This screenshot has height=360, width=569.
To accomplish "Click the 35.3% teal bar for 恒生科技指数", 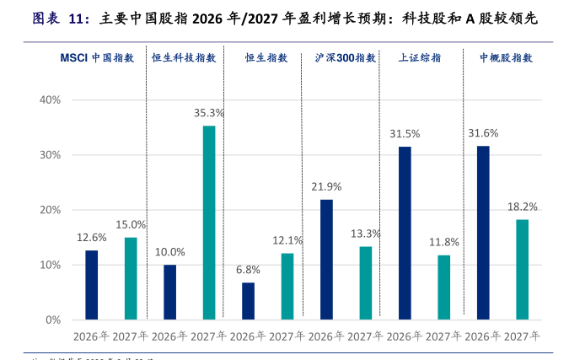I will click(209, 223).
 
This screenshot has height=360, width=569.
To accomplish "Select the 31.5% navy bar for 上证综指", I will click(405, 233).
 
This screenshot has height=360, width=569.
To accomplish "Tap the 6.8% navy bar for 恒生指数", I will click(248, 301).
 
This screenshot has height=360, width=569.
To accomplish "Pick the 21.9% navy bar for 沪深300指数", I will click(326, 260).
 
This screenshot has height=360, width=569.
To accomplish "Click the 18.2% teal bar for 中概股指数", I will click(522, 270).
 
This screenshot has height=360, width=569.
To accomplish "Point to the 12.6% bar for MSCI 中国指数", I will click(91, 285).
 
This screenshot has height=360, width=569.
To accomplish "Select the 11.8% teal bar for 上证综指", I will click(444, 287).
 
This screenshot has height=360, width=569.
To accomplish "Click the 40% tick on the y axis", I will click(50, 99).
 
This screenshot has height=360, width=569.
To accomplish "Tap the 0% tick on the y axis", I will click(53, 320).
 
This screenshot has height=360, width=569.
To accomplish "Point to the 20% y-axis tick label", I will click(50, 210).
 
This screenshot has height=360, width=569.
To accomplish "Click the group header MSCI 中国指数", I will click(91, 58).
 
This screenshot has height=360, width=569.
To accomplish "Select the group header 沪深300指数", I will click(346, 58).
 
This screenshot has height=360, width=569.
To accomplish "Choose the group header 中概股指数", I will click(506, 58).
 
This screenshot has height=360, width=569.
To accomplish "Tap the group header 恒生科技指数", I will click(184, 58).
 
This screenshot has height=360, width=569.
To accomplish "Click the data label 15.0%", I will click(131, 224).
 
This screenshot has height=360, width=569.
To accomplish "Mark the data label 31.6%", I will click(483, 133).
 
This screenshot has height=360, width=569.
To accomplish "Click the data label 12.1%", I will click(287, 240).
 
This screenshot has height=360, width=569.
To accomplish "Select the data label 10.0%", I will click(169, 252).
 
